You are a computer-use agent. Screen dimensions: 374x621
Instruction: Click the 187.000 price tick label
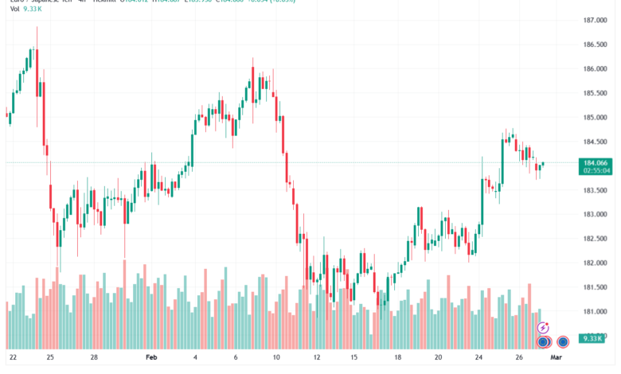pyautogui.click(x=595, y=20)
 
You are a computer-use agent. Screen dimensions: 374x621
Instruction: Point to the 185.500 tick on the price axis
pyautogui.click(x=595, y=93)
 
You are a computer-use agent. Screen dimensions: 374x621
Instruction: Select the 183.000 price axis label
pyautogui.click(x=595, y=215)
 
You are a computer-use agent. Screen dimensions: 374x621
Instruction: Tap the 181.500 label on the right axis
pyautogui.click(x=595, y=287)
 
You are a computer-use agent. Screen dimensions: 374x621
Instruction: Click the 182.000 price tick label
pyautogui.click(x=595, y=263)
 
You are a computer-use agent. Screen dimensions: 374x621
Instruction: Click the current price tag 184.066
pyautogui.click(x=596, y=162)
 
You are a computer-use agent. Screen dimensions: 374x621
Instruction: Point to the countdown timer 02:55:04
pyautogui.click(x=596, y=170)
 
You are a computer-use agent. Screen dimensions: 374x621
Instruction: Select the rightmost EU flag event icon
pyautogui.click(x=563, y=342)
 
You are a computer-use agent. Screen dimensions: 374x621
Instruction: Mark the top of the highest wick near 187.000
pyautogui.click(x=37, y=27)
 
